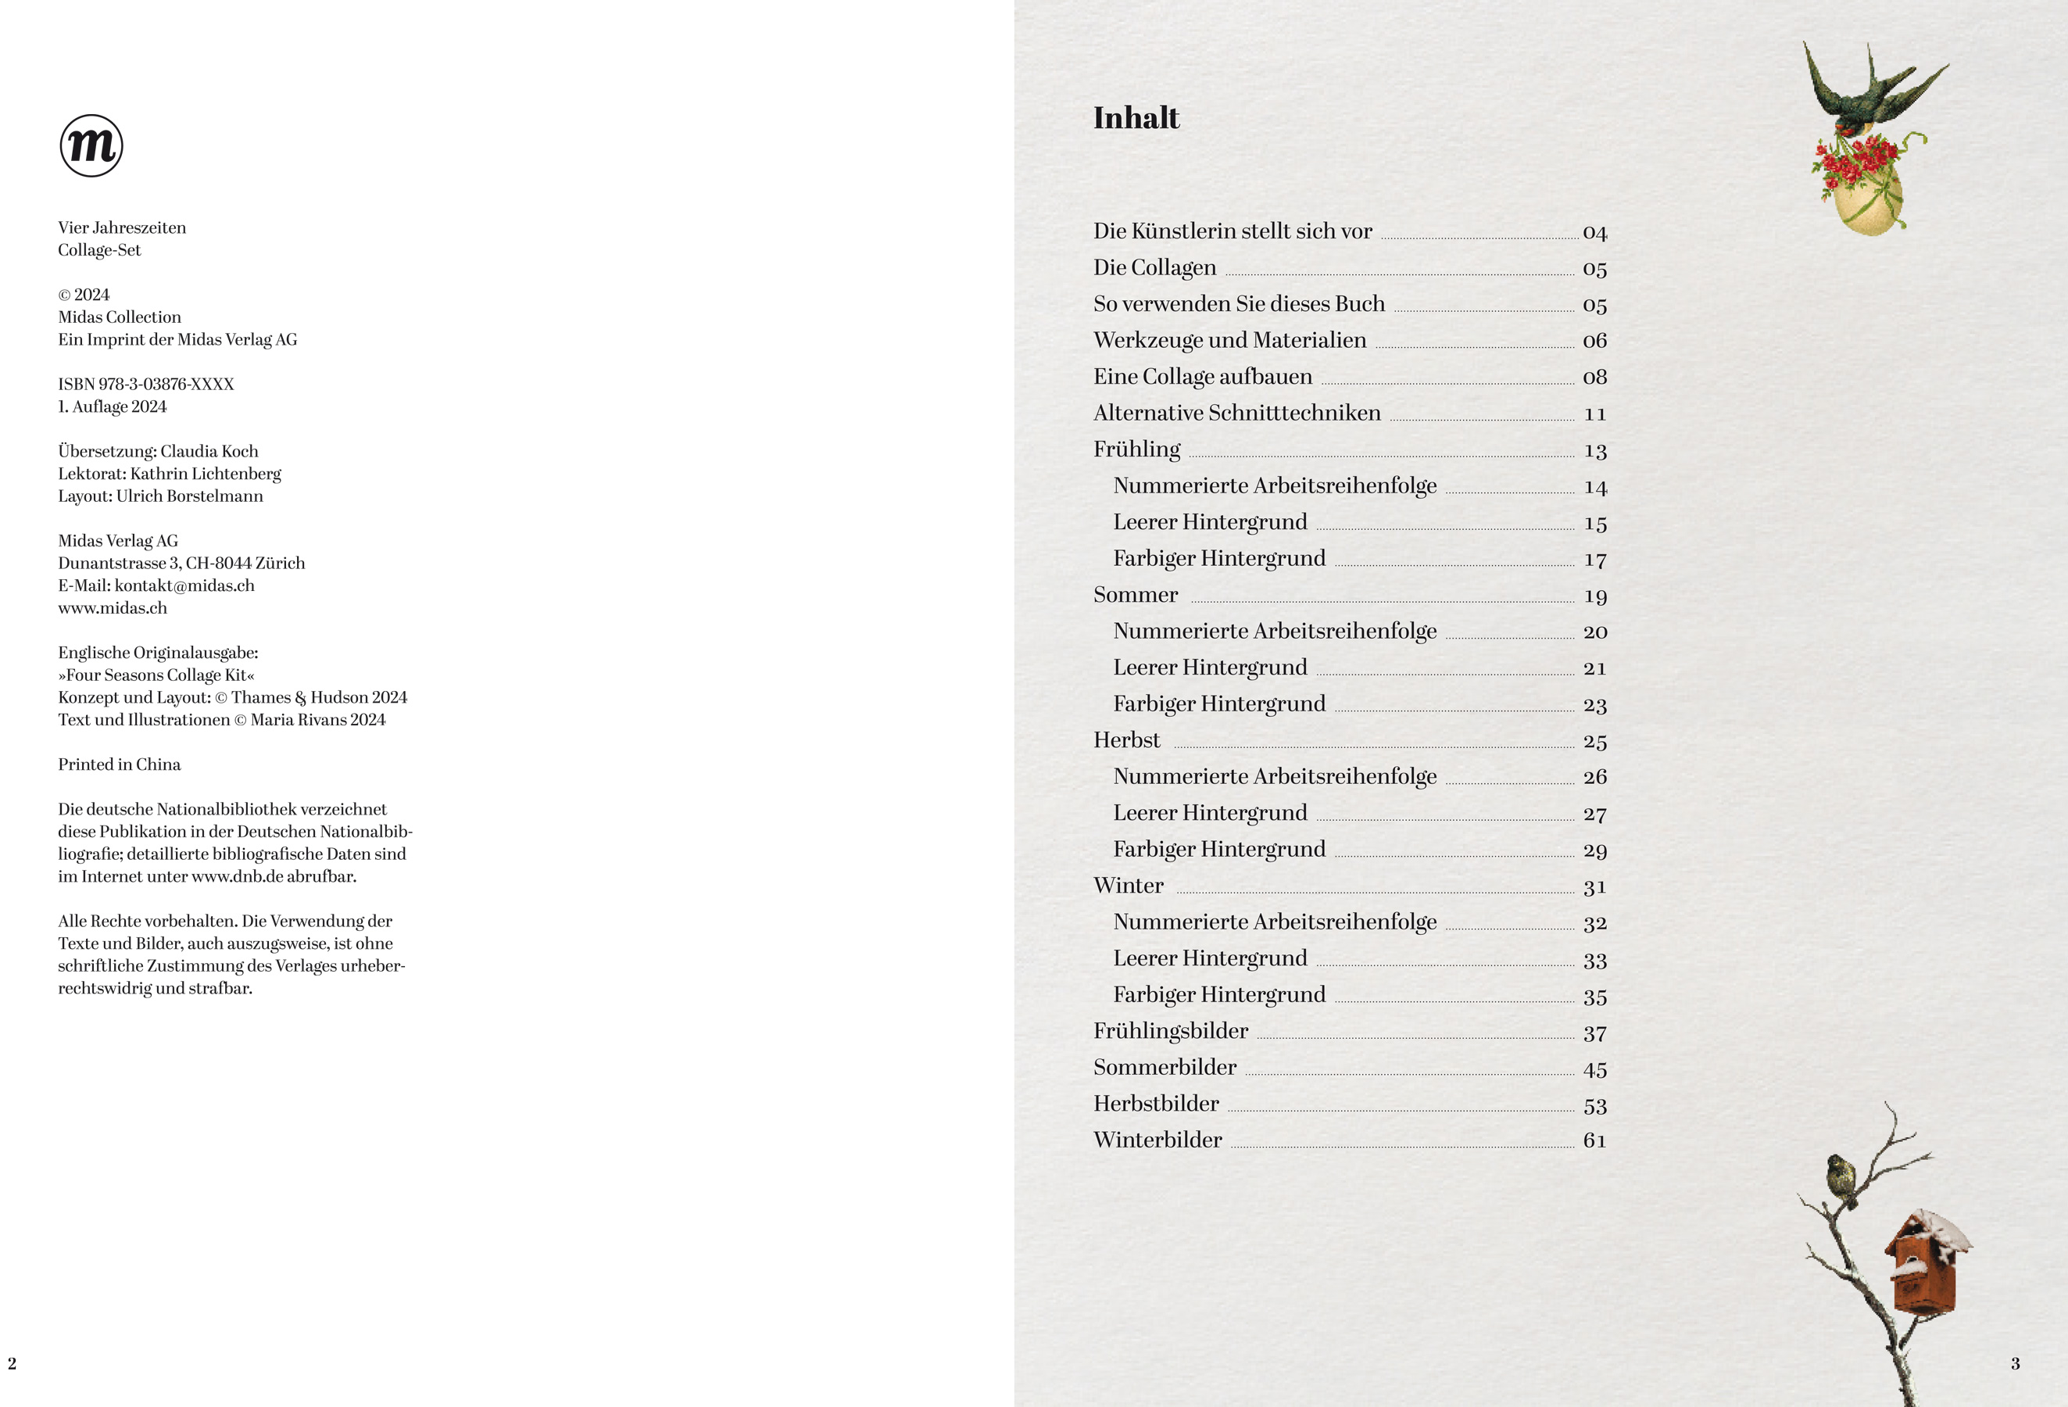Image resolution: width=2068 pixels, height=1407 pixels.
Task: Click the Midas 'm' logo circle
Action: pyautogui.click(x=91, y=145)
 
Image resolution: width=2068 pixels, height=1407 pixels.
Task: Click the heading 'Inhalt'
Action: pyautogui.click(x=1136, y=118)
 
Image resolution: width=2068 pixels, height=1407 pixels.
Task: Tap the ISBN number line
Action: pyautogui.click(x=146, y=384)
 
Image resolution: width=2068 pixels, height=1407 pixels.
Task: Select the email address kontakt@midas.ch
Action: pyautogui.click(x=184, y=585)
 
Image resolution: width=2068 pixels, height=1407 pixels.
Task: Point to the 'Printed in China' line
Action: pyautogui.click(x=120, y=764)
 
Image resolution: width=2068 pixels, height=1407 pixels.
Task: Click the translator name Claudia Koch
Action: pyautogui.click(x=209, y=451)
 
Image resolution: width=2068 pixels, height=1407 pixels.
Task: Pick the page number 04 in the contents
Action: pyautogui.click(x=1594, y=233)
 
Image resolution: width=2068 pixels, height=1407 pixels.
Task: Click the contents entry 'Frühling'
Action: pyautogui.click(x=1136, y=449)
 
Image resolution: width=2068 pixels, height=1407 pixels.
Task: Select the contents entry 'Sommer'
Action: pyautogui.click(x=1136, y=595)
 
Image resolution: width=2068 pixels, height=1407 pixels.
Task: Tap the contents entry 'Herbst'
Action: pyautogui.click(x=1126, y=740)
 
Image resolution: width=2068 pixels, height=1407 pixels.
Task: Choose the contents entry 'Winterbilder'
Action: pyautogui.click(x=1157, y=1140)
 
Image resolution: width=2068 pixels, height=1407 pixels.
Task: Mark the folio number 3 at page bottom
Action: pyautogui.click(x=2015, y=1363)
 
